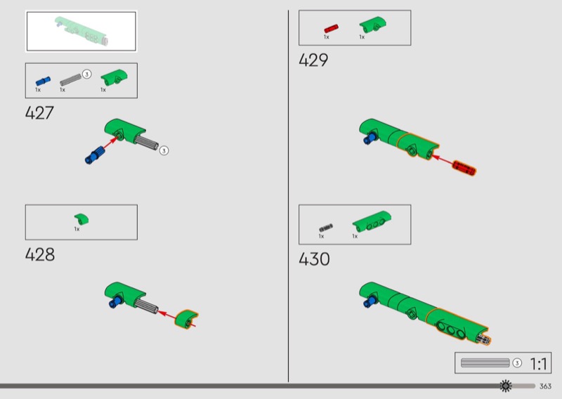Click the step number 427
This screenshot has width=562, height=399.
pos(39,113)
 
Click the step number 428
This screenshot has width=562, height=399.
pos(40,254)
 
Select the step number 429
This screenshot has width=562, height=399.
pos(313,60)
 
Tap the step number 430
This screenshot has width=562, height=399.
pos(314,259)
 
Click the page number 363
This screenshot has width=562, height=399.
pos(545,386)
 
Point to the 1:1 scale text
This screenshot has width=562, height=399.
pos(538,364)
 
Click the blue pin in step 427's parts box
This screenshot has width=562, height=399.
pos(43,81)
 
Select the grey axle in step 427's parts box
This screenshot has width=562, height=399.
pos(71,79)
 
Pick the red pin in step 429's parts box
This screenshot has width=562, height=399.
pos(331,29)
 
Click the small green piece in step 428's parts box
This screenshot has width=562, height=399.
pos(81,218)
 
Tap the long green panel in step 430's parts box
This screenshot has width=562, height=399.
pos(372,221)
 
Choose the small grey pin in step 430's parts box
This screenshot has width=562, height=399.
pos(326,228)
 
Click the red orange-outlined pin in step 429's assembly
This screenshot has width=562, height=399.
pos(464,168)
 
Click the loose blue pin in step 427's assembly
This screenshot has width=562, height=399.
pos(95,155)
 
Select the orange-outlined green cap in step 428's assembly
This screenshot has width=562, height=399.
pos(186,320)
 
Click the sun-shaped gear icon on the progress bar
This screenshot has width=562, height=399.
pos(506,386)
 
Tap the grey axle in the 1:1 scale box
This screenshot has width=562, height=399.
pos(485,362)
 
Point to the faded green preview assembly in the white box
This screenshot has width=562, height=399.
pos(81,32)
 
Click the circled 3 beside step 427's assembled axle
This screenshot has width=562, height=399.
pos(164,150)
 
